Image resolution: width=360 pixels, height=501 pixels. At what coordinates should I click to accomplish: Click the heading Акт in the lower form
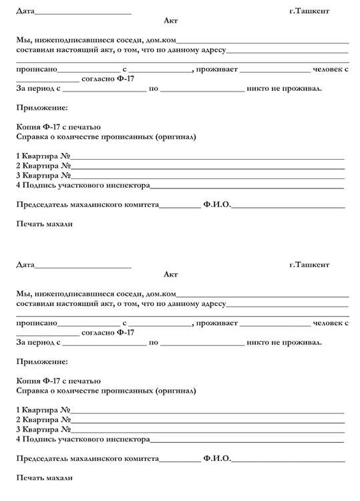170,275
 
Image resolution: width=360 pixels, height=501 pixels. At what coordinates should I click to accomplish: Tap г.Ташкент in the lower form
309,265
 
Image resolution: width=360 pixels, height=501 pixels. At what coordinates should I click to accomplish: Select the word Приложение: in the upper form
41,107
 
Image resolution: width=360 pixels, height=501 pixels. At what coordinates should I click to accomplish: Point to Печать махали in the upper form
44,224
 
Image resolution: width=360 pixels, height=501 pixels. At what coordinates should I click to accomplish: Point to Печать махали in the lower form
44,478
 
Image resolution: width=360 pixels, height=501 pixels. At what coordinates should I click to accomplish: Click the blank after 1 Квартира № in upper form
207,158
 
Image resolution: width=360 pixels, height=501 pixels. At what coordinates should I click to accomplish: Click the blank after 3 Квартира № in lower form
207,431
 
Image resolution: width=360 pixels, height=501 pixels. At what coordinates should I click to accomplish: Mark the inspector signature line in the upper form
246,186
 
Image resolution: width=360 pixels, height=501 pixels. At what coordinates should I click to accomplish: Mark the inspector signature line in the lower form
246,441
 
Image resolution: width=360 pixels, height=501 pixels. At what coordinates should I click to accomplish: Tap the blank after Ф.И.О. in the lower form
288,461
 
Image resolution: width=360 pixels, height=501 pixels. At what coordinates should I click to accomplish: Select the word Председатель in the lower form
43,460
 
